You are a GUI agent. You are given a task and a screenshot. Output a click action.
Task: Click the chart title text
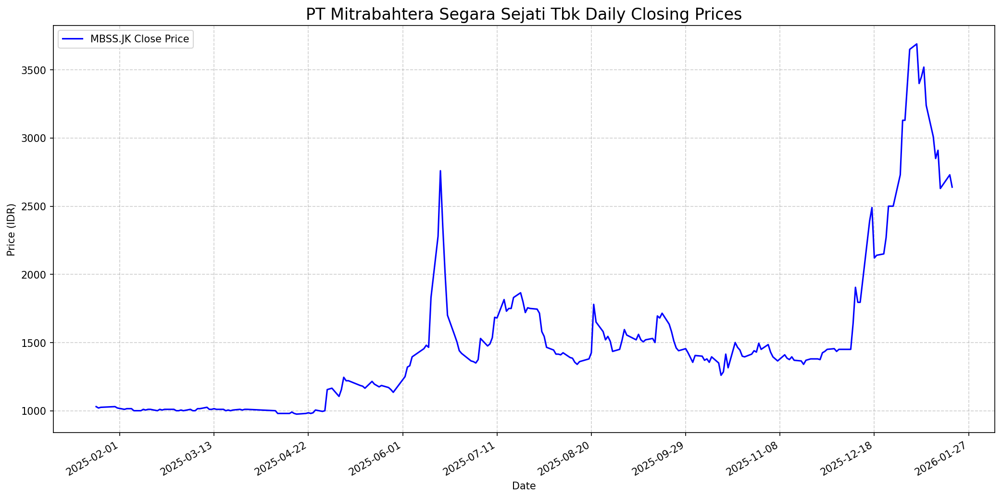[524, 14]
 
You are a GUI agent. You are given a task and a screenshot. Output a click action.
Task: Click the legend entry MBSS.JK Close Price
[139, 39]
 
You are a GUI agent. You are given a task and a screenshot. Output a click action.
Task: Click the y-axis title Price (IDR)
[11, 230]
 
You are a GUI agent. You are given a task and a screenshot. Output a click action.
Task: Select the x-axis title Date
[524, 486]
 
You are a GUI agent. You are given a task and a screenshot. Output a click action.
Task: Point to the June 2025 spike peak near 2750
[440, 171]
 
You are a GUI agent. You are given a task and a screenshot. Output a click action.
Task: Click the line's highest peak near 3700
[917, 44]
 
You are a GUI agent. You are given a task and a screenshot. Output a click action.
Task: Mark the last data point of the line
[952, 187]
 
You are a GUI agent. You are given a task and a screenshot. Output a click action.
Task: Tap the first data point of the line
[96, 407]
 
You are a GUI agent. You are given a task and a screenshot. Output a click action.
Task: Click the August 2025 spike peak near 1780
[594, 304]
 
